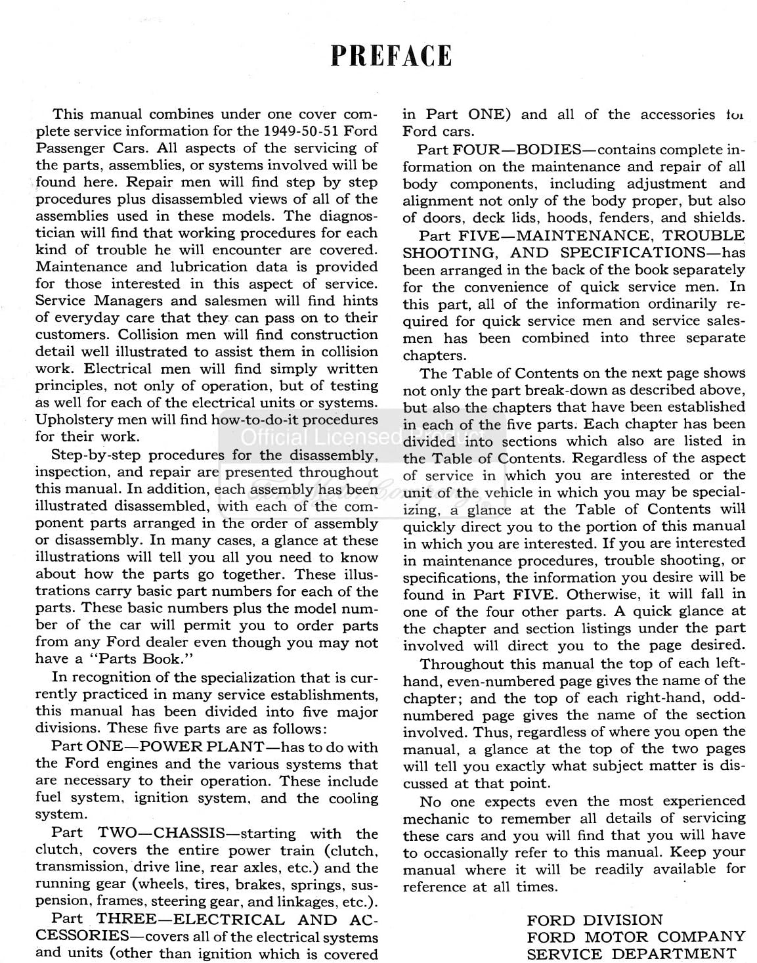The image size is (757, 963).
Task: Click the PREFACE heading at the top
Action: tap(391, 56)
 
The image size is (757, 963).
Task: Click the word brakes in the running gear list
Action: tap(240, 885)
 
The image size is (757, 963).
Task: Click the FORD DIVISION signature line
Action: tap(595, 920)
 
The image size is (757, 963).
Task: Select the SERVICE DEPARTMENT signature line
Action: tap(632, 954)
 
